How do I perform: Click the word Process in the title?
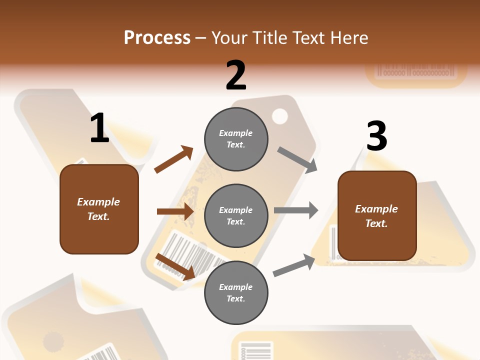click(x=157, y=37)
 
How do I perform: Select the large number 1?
click(x=99, y=128)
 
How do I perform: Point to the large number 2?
click(x=236, y=75)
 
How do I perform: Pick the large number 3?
click(x=376, y=136)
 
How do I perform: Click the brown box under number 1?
click(x=99, y=209)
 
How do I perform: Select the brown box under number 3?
click(x=377, y=216)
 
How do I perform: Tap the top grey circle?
click(x=236, y=139)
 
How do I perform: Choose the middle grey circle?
click(x=236, y=215)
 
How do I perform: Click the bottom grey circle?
click(x=236, y=292)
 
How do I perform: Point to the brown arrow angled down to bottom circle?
click(x=175, y=266)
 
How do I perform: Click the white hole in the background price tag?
click(x=280, y=116)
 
